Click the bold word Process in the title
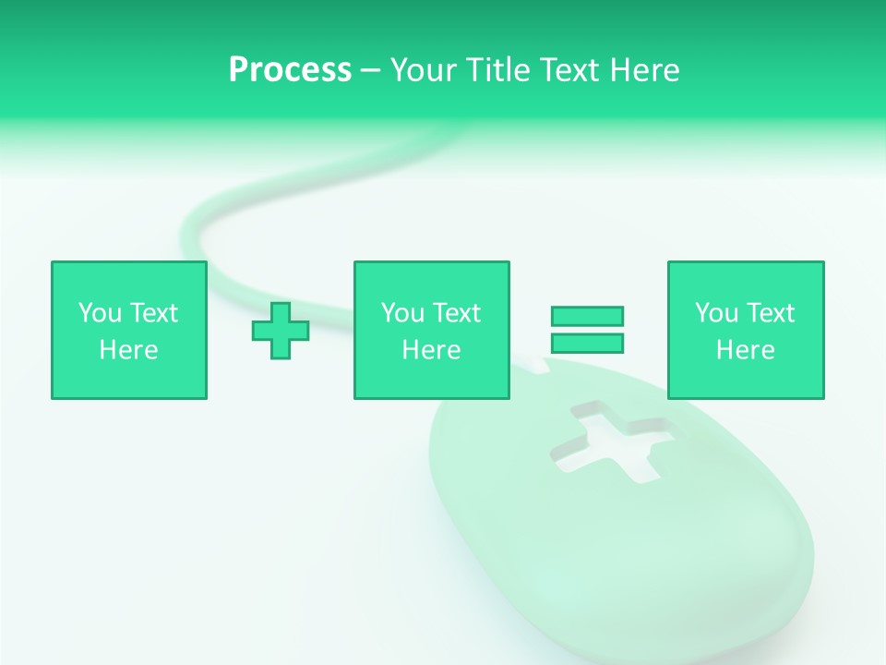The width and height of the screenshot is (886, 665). (x=290, y=70)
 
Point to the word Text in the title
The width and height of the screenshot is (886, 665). (x=569, y=70)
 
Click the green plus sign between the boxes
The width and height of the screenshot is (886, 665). (x=281, y=331)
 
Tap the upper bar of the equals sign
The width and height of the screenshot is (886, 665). (x=587, y=316)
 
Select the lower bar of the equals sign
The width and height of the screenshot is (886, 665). (x=587, y=343)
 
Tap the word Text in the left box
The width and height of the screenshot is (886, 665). (x=153, y=313)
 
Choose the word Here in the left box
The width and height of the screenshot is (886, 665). (x=128, y=350)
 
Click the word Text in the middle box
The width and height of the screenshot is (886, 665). (x=456, y=313)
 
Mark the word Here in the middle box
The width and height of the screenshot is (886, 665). (x=431, y=350)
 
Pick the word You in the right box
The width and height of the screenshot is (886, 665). (x=717, y=313)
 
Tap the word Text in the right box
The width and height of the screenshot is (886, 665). (x=770, y=313)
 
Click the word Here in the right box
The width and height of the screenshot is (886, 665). (x=745, y=350)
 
